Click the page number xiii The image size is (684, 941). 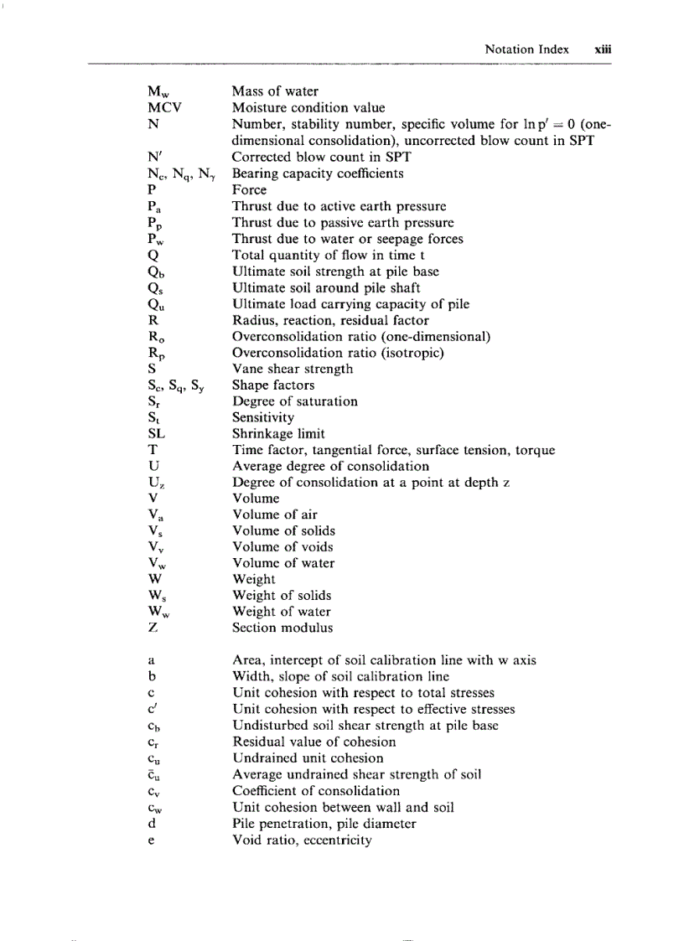pos(603,49)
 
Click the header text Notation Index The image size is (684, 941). pos(526,49)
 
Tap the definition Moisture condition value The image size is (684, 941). pos(308,108)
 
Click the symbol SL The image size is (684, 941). pos(155,434)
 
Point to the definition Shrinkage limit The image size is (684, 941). pos(278,434)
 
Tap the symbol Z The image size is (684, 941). pos(150,628)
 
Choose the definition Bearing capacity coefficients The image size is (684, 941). pos(318,173)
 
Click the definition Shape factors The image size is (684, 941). pos(273,385)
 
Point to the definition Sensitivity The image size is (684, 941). pos(263,417)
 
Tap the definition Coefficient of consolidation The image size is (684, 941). pos(316,791)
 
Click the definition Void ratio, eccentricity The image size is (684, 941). pos(302,840)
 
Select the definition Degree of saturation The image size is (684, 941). pos(295,401)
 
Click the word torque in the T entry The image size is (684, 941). pos(535,451)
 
